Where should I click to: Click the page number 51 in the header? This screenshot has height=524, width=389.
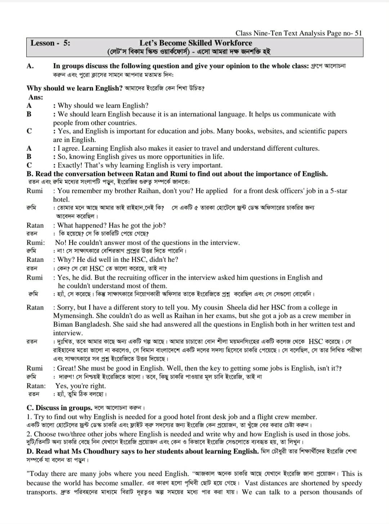pyautogui.click(x=358, y=33)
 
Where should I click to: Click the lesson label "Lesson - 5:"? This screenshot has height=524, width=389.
pyautogui.click(x=50, y=43)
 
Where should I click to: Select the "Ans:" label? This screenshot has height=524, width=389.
pyautogui.click(x=36, y=97)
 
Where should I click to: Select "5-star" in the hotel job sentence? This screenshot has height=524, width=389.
pyautogui.click(x=337, y=191)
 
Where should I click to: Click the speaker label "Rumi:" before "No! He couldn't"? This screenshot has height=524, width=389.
pyautogui.click(x=36, y=243)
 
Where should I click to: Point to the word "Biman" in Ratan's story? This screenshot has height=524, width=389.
pyautogui.click(x=63, y=325)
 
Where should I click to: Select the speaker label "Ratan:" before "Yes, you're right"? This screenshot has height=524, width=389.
pyautogui.click(x=36, y=386)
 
